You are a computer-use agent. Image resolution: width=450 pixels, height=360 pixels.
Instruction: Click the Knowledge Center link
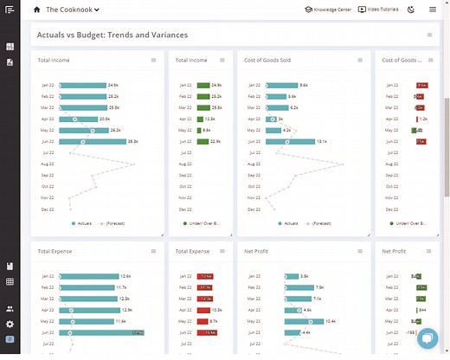point(329,10)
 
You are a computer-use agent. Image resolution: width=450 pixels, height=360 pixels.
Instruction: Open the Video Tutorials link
point(382,10)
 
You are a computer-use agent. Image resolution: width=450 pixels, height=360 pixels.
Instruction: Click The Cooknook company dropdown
point(73,10)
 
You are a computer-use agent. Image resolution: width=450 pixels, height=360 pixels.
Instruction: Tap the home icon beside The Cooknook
point(36,10)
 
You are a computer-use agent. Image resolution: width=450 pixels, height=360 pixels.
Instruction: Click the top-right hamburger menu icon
point(433,10)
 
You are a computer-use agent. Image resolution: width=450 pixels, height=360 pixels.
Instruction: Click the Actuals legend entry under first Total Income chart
point(80,223)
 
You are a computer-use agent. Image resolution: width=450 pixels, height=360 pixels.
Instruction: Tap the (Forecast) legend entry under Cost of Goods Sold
point(316,223)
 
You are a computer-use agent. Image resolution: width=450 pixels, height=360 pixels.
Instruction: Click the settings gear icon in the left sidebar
point(10,324)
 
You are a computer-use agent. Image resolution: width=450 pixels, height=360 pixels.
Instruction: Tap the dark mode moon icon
point(410,10)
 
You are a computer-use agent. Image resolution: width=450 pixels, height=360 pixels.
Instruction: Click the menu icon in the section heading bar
point(429,35)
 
